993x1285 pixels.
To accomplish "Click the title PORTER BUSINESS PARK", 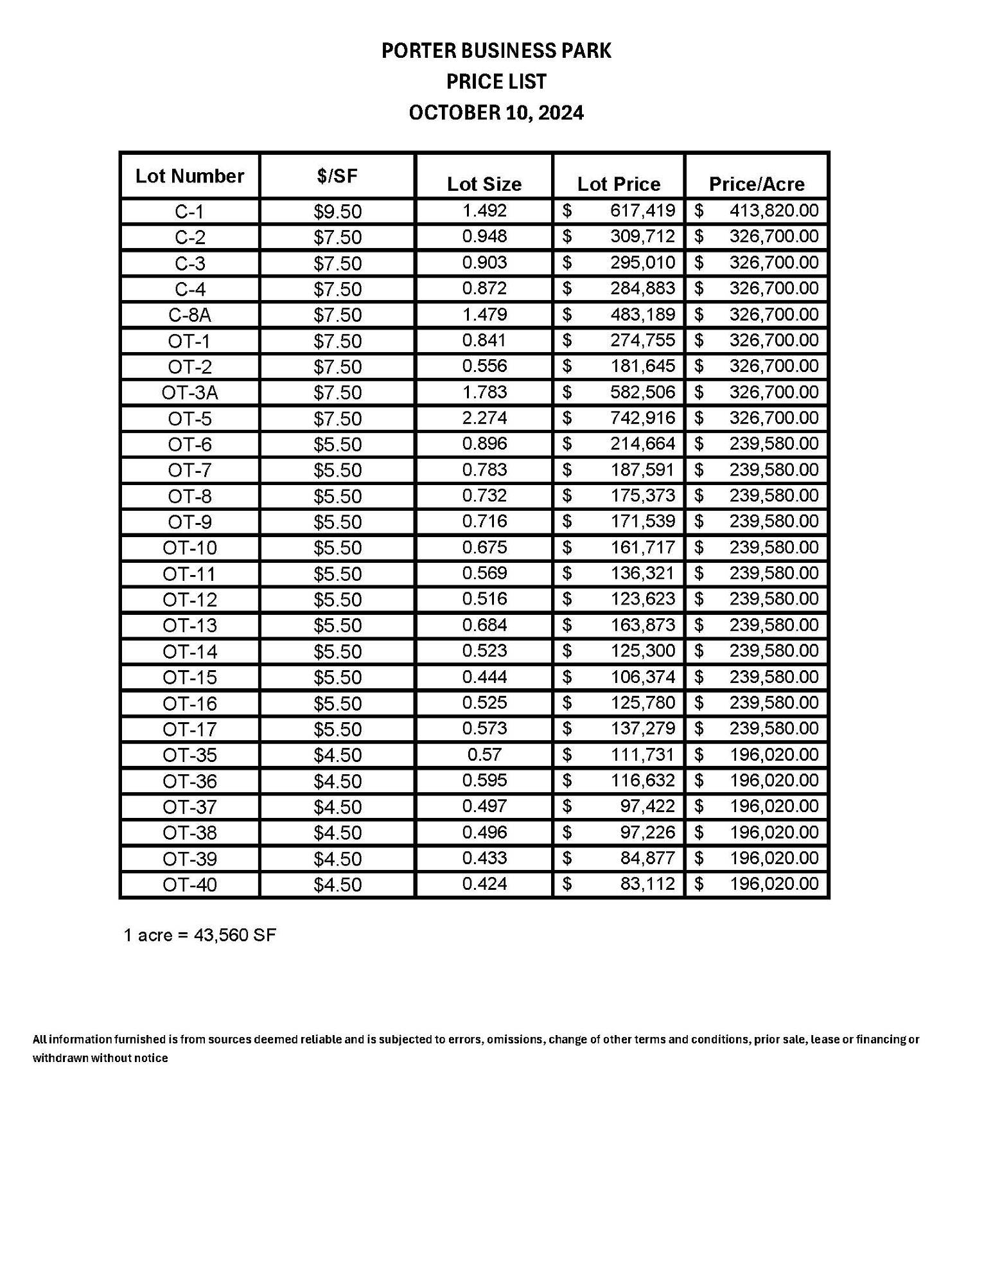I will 496,51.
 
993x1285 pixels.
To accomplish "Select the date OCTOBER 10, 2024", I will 496,113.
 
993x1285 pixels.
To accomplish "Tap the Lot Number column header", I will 189,176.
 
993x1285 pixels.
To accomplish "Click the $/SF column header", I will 337,176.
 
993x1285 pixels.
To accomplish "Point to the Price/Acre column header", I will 756,184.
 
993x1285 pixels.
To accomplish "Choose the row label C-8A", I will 189,315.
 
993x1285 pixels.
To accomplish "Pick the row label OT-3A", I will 189,393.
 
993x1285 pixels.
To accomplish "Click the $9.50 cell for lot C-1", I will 337,211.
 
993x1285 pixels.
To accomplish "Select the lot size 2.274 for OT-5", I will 484,418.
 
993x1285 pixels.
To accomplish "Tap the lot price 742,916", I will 642,418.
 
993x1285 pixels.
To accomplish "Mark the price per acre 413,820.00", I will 773,211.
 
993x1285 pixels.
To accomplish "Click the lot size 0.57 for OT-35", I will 484,754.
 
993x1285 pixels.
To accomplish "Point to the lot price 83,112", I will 647,884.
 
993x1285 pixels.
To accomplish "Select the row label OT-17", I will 189,729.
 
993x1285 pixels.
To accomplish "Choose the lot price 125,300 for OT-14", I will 642,651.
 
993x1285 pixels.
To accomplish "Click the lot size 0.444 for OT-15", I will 484,677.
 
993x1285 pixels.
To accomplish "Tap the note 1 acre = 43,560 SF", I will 199,935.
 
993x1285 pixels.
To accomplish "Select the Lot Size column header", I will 484,184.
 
